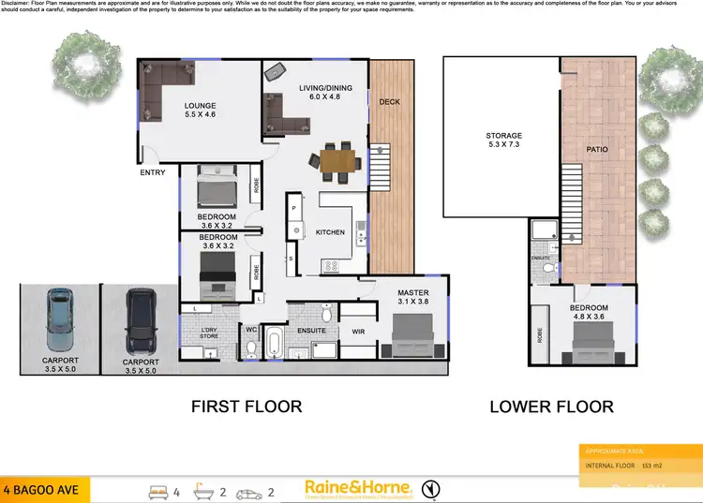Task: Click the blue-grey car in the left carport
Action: point(59,318)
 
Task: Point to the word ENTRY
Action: point(153,172)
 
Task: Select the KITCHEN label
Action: point(330,231)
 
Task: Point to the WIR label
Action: point(357,331)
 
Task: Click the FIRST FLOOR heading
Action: point(247,407)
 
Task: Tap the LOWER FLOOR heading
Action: point(551,407)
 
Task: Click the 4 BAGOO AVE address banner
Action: point(44,488)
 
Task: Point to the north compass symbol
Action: point(429,488)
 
